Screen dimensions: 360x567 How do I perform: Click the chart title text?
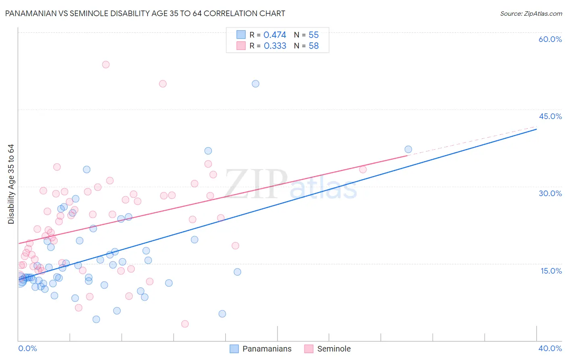click(145, 13)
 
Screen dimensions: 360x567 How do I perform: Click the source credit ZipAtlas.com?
click(531, 13)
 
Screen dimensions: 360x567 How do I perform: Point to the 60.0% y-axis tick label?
click(550, 39)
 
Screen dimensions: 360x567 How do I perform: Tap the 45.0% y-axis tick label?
click(550, 116)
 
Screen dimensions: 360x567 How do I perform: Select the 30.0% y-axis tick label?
click(550, 193)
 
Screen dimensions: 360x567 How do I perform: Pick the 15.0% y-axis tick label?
click(551, 271)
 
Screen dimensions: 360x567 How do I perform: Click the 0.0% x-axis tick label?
click(27, 348)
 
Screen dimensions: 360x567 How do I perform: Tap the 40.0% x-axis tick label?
click(550, 348)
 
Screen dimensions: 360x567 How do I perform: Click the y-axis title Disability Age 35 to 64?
click(11, 184)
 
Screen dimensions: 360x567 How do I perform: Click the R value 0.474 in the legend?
click(275, 35)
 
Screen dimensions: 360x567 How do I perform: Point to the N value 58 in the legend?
click(313, 46)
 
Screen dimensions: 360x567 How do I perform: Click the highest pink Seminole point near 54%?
click(106, 65)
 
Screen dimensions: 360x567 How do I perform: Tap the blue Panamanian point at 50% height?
click(255, 84)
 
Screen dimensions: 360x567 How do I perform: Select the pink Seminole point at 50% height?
click(163, 84)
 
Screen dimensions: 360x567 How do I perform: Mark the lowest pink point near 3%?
click(185, 324)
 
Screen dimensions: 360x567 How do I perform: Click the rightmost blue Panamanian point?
click(408, 149)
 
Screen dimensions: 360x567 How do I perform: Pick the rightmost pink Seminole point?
click(363, 170)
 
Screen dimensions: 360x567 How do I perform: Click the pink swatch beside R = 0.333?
click(241, 46)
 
